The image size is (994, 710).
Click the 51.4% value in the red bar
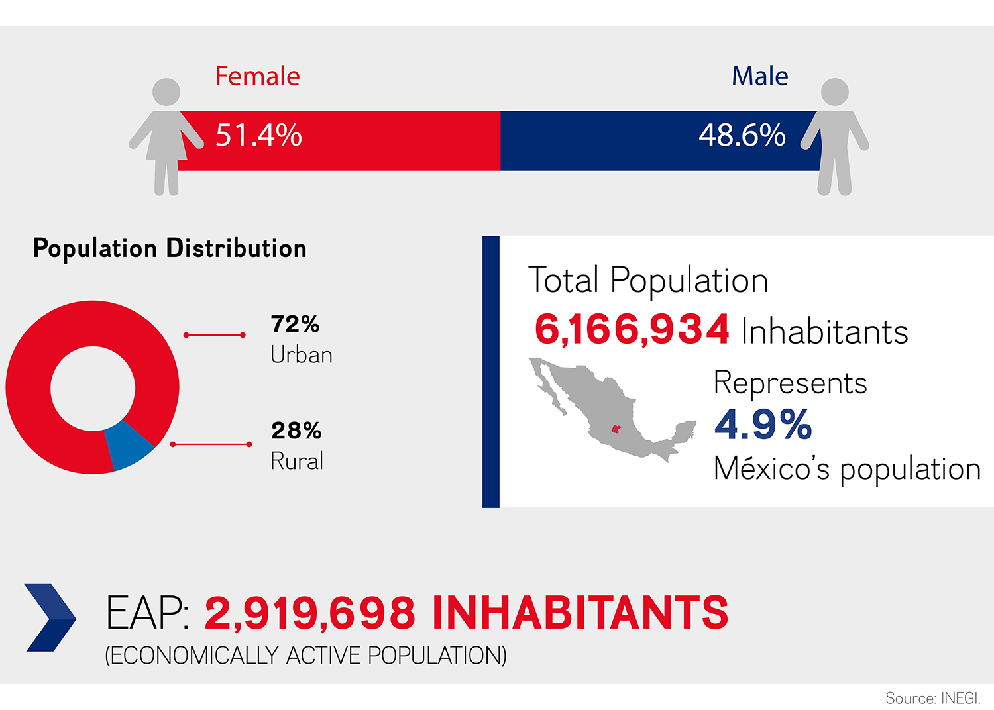coord(258,135)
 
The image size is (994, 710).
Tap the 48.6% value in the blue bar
coord(742,135)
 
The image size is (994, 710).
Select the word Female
coord(257,76)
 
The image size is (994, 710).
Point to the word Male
coord(759,76)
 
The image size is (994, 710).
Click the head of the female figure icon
coord(166,92)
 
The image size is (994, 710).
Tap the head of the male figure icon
coord(834,92)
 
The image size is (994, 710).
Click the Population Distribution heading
coord(170,248)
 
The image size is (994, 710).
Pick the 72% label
coord(296,324)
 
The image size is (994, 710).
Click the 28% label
coord(296,431)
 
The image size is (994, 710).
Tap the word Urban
coord(302,355)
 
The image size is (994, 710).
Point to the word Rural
coord(297,461)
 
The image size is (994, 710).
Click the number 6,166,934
coord(632,329)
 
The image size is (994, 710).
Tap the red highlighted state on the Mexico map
coord(616,429)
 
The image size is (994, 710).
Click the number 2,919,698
coord(310,613)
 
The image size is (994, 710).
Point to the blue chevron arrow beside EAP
coord(50,617)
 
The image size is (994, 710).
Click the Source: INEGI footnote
coord(932,698)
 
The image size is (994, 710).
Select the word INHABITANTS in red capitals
coord(580,613)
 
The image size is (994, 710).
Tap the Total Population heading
coord(647,280)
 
